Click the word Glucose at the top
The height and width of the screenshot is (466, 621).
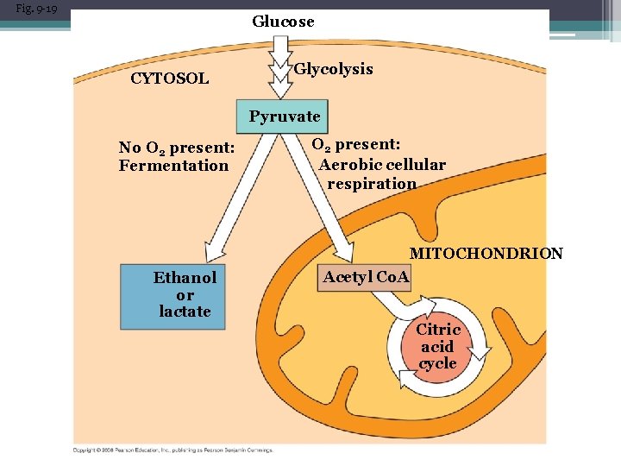point(283,22)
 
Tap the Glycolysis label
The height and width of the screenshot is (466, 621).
point(333,69)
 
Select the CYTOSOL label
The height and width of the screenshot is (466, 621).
point(169,79)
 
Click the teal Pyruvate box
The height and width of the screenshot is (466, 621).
point(284,116)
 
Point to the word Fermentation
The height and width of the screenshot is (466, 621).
point(173,166)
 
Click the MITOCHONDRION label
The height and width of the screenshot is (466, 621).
point(486,254)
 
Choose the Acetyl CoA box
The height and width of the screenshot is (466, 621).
point(366,277)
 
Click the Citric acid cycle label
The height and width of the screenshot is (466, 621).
point(438,346)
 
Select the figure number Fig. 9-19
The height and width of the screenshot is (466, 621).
point(36,9)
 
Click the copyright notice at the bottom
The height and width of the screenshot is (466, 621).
point(172,450)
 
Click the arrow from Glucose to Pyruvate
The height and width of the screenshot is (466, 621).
point(281,69)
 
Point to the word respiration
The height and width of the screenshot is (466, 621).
point(372,183)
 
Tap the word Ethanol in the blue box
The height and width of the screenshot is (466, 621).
point(185,277)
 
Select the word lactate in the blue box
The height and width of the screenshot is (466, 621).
point(185,312)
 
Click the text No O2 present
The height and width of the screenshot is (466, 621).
point(176,148)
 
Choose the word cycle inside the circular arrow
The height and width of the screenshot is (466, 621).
point(438,363)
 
